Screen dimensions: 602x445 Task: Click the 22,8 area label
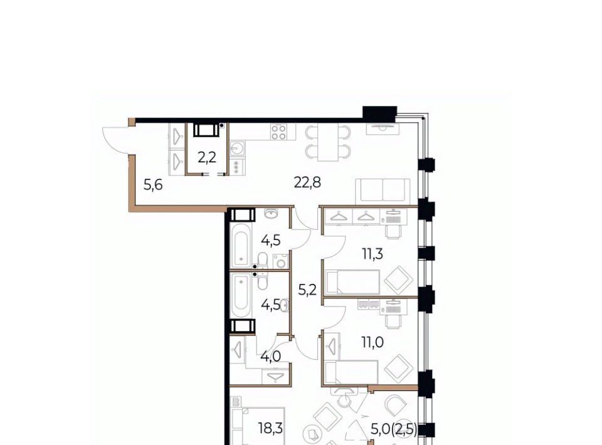(x=307, y=182)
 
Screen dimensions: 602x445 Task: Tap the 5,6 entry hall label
(x=153, y=186)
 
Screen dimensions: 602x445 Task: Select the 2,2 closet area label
(x=207, y=157)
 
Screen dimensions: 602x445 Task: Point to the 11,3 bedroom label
(x=372, y=254)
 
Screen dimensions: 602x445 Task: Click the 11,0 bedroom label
(x=372, y=342)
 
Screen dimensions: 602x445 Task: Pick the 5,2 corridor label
(x=307, y=290)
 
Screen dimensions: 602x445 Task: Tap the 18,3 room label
(x=271, y=428)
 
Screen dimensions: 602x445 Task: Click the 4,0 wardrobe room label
(x=271, y=357)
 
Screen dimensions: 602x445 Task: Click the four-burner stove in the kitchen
(x=278, y=132)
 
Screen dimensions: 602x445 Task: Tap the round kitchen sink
(x=237, y=148)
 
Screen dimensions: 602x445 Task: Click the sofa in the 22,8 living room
(x=383, y=191)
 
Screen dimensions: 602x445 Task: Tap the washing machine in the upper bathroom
(x=281, y=261)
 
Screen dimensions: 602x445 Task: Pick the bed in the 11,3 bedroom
(x=352, y=282)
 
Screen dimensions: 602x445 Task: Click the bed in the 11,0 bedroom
(x=351, y=372)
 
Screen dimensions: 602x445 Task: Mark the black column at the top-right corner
(x=379, y=114)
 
